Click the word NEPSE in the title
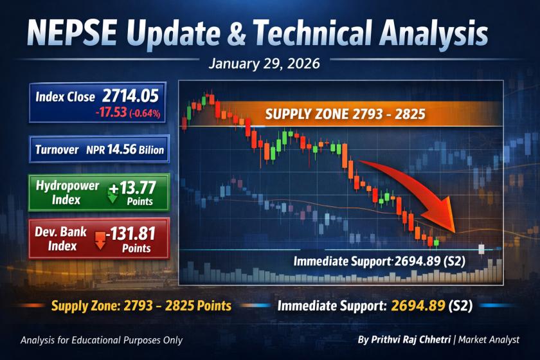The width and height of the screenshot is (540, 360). (72, 33)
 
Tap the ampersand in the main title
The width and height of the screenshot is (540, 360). (237, 34)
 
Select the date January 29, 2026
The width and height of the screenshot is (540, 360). (264, 64)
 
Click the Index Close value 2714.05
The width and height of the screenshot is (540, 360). (130, 96)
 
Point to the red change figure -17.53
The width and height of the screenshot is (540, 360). (112, 113)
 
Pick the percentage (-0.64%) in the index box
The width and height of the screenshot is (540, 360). (145, 113)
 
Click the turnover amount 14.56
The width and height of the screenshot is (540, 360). (122, 150)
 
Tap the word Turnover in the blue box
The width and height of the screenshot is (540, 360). (57, 150)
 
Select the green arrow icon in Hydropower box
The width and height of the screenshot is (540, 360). (113, 194)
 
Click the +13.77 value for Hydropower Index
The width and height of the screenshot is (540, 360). (133, 188)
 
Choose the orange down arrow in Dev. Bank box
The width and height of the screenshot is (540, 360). (100, 240)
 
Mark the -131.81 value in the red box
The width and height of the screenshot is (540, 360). (130, 234)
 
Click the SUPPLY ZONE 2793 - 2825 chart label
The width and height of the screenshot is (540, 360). (345, 114)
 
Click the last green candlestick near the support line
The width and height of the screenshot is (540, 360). (437, 243)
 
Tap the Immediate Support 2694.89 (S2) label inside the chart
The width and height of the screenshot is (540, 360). (379, 261)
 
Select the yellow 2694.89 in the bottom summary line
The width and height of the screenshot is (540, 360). (418, 305)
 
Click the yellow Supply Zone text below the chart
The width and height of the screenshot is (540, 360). (141, 305)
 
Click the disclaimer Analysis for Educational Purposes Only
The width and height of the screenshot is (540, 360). (102, 340)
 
